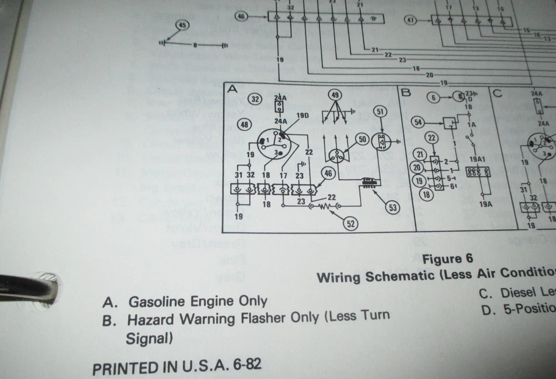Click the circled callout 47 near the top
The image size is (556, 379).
(411, 21)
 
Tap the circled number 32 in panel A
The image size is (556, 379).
(256, 100)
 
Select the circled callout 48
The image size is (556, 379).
(244, 125)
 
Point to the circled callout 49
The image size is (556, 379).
(335, 95)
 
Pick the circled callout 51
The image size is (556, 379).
(380, 111)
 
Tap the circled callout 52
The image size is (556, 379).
(351, 224)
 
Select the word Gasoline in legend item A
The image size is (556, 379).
(158, 301)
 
